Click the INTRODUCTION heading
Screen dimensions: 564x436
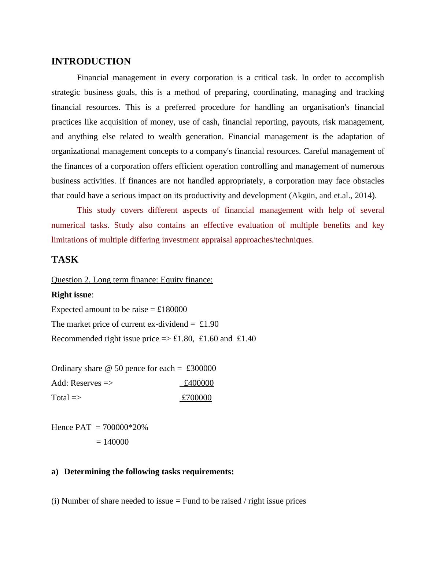(91, 62)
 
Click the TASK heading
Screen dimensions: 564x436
(65, 260)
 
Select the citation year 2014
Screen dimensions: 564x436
(363, 196)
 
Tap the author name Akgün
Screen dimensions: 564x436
(304, 196)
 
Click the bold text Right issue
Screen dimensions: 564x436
(71, 295)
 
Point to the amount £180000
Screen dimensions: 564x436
(172, 309)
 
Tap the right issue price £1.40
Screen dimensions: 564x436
(246, 339)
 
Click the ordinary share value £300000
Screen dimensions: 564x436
(201, 368)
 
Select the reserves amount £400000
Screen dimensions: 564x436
(199, 383)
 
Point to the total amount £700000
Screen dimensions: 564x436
(197, 398)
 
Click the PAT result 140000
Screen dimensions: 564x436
(116, 442)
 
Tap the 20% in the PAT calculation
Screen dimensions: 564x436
(141, 427)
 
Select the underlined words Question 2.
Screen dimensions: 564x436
(71, 280)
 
